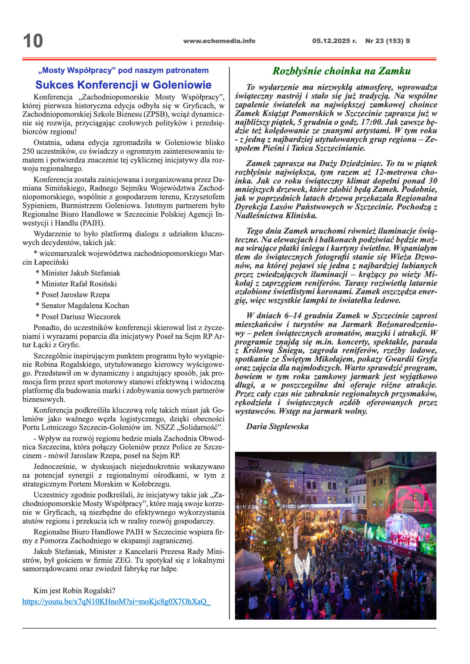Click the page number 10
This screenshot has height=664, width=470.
point(33,41)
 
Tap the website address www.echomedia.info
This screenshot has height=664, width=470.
point(219,41)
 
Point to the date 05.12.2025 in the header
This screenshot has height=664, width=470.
point(334,41)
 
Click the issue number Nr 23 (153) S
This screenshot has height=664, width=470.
point(387,41)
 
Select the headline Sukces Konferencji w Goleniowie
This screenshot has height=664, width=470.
point(123,85)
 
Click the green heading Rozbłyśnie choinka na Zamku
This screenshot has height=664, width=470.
point(341,71)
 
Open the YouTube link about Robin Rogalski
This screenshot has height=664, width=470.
point(116,601)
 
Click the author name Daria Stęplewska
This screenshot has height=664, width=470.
point(277,426)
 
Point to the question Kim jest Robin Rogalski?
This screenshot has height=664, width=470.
point(74,590)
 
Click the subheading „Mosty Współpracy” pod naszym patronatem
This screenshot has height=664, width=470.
point(123,71)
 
